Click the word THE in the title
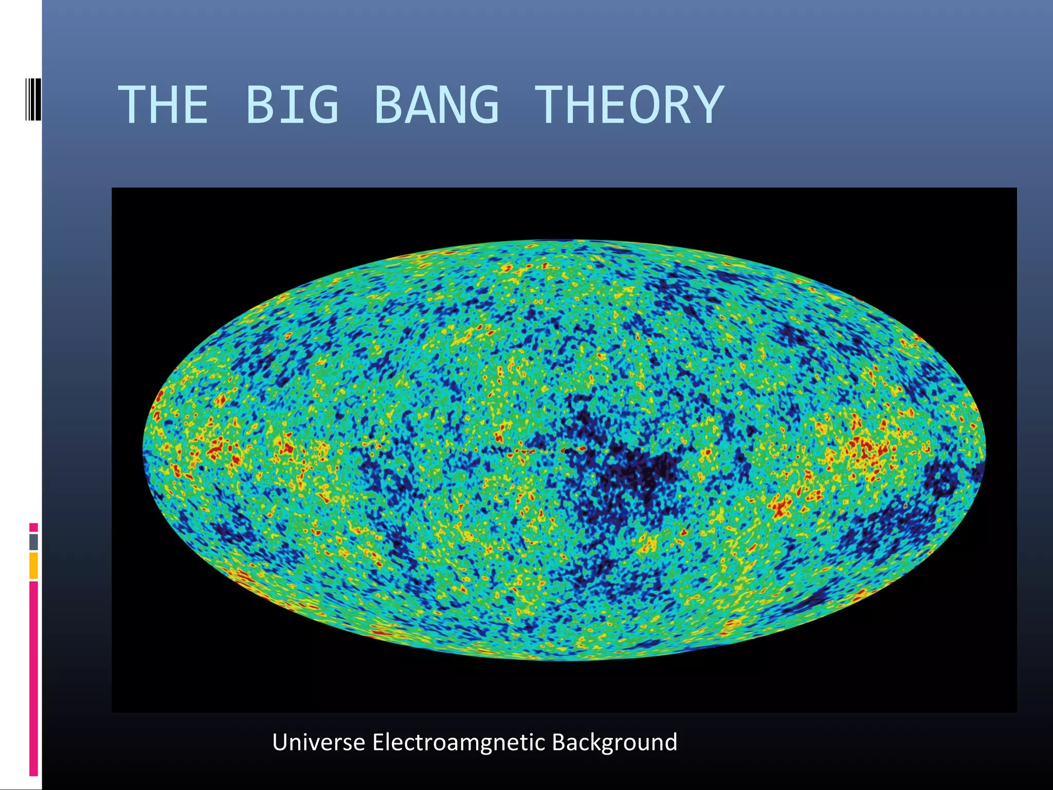(163, 105)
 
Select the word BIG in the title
(292, 105)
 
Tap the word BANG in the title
(436, 105)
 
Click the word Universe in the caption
(318, 743)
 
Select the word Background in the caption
(614, 743)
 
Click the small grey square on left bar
(33, 542)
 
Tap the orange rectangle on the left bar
(33, 565)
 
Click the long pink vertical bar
(33, 679)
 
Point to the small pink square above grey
(33, 527)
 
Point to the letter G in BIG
(324, 105)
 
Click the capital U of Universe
(280, 743)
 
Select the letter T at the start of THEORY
(550, 105)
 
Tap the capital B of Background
(558, 743)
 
